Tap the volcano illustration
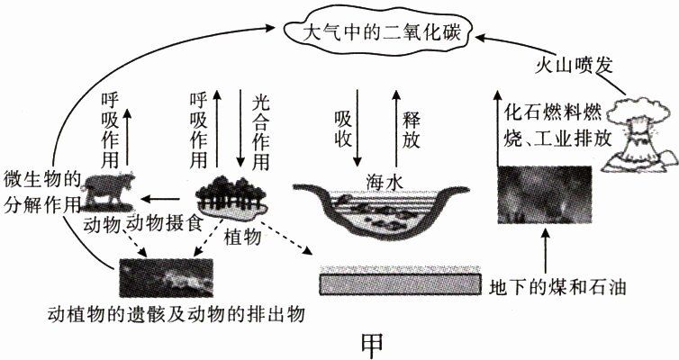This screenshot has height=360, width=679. (640, 135)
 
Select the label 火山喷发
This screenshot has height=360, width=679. (573, 66)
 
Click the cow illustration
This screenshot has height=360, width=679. (108, 190)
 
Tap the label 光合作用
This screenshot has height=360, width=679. (260, 132)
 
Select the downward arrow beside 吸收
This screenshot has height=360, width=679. (358, 128)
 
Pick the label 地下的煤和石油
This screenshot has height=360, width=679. (557, 287)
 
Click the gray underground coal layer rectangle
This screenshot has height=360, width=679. (400, 283)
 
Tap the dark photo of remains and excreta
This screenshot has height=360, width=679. (167, 277)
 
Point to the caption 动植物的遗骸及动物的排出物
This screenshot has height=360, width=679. (177, 315)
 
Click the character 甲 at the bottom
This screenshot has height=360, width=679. (372, 344)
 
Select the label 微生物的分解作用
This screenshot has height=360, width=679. (42, 192)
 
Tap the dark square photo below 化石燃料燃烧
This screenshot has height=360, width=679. (545, 194)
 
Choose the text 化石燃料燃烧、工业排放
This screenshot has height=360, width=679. (557, 126)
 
